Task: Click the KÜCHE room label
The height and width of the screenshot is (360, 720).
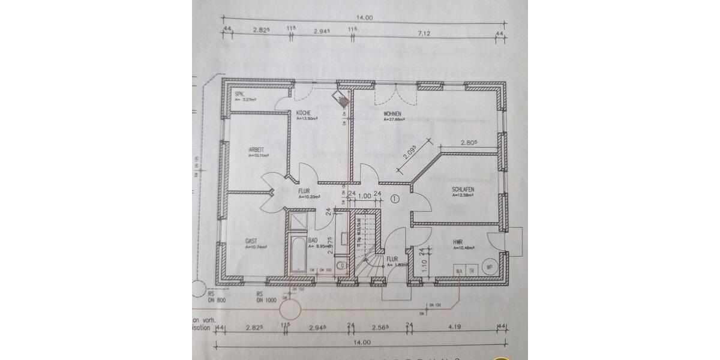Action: click(302, 113)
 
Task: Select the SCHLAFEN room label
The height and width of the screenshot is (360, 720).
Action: click(463, 190)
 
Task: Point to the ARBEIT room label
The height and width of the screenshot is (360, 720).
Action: click(257, 150)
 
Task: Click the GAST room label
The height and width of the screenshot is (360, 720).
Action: click(251, 241)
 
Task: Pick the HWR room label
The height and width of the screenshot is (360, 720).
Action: click(459, 242)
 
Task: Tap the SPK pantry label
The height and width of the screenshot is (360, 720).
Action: click(239, 94)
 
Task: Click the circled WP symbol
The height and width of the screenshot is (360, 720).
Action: click(489, 267)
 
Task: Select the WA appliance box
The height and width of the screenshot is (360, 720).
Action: click(459, 271)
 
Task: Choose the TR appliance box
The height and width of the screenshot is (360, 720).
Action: click(472, 271)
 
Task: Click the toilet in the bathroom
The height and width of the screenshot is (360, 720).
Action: click(340, 264)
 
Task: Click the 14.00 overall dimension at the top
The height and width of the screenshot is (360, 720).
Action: click(364, 17)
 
